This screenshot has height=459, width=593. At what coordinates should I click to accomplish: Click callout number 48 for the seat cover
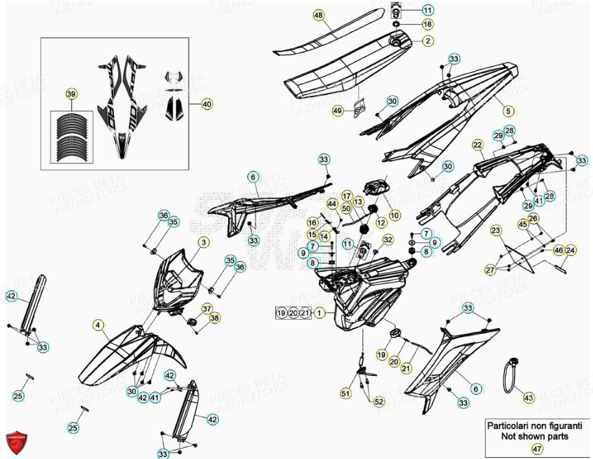318,14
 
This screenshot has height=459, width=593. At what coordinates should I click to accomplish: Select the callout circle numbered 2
428,41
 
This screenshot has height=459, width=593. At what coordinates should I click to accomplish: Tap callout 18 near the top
428,24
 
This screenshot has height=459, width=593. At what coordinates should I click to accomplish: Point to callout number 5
508,111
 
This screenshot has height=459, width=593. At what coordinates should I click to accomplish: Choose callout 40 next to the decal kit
207,104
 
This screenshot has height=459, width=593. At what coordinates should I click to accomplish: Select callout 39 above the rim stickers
71,95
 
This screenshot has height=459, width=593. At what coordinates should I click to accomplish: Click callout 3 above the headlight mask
203,242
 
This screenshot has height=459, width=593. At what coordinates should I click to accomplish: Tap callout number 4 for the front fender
97,325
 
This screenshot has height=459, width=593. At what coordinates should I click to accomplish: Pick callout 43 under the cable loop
528,397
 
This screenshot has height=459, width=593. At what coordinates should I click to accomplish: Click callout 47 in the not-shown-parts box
537,449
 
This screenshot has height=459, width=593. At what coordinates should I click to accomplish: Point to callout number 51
345,393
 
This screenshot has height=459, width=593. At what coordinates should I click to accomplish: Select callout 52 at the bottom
378,402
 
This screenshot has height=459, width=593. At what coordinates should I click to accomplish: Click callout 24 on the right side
570,250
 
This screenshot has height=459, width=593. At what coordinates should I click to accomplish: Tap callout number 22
478,145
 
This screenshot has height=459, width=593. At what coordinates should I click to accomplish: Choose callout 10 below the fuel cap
395,215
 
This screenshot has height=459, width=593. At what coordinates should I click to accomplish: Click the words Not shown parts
535,436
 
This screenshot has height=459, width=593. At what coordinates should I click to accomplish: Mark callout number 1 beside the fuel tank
319,313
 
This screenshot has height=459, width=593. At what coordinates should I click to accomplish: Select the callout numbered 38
215,318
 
